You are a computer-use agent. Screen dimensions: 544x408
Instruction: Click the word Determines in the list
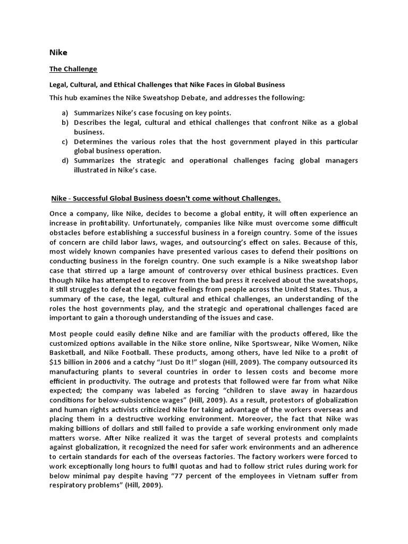(95, 142)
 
